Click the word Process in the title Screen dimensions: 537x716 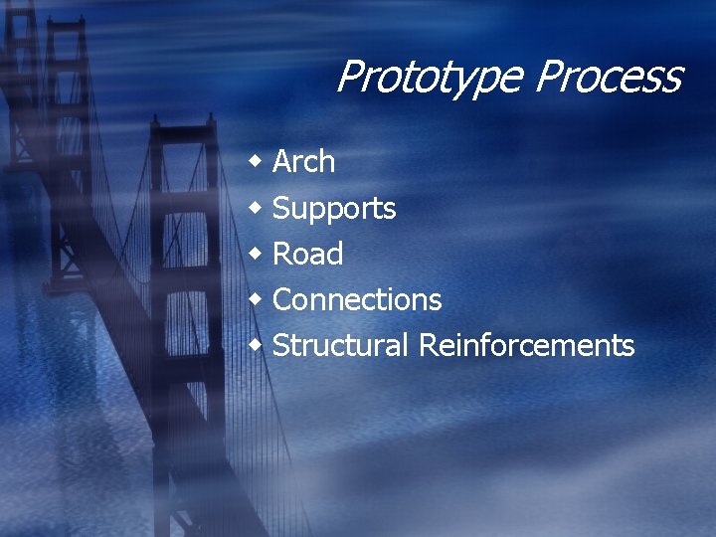(x=611, y=78)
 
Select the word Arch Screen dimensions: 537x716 (x=303, y=161)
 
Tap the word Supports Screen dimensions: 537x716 (x=334, y=209)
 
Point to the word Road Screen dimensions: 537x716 (x=307, y=255)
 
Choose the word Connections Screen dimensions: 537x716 (x=357, y=299)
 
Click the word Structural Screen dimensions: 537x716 (x=340, y=345)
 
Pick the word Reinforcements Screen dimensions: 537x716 (x=526, y=345)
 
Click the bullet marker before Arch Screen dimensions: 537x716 (x=257, y=161)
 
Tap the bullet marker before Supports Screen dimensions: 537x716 (x=257, y=207)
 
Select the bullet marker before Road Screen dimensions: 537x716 (x=257, y=254)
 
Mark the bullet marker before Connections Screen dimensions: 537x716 (x=257, y=299)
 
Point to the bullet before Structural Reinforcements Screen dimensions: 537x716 (x=257, y=345)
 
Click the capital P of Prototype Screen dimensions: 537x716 (x=350, y=77)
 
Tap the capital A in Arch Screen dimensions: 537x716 (x=282, y=161)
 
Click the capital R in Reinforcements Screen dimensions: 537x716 (x=429, y=345)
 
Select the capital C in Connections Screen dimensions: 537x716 (x=282, y=299)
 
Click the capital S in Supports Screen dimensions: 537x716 (x=281, y=208)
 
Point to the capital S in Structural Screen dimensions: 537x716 (x=281, y=345)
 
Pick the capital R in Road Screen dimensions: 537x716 (x=282, y=255)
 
